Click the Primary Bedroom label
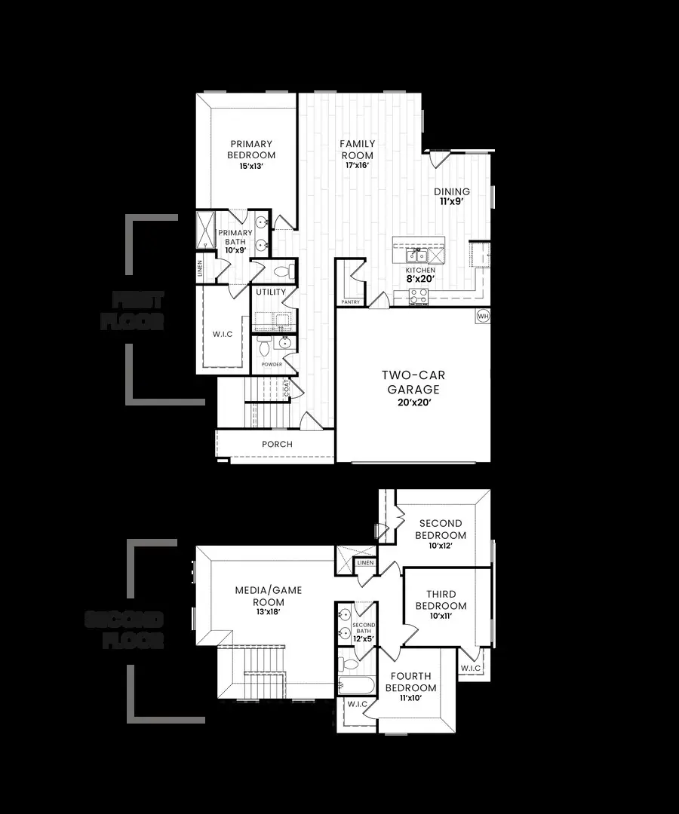[x=251, y=149]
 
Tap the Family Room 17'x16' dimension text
[x=357, y=166]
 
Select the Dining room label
[x=451, y=191]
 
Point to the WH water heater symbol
[x=483, y=316]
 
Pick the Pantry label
[x=351, y=302]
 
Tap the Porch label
[x=277, y=444]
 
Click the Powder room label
[x=272, y=364]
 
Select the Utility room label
[x=270, y=292]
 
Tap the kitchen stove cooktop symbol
[x=419, y=295]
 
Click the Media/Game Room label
[x=268, y=595]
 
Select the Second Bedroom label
[x=441, y=529]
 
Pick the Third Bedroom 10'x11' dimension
[x=441, y=616]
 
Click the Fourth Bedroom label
[x=411, y=682]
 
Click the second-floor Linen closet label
[x=365, y=563]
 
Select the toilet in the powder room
[x=264, y=346]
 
